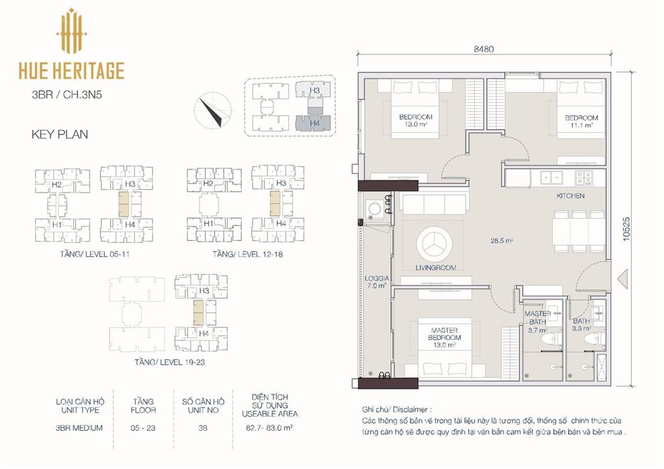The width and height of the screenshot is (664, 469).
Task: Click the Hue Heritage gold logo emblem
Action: tap(71, 30)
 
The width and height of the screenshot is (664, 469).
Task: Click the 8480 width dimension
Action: tap(484, 49)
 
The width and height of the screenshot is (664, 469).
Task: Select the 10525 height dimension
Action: tap(626, 229)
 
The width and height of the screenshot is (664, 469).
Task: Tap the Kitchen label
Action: tap(571, 196)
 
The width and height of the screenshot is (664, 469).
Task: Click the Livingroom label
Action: tap(436, 268)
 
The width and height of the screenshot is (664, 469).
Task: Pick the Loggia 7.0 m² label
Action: tap(377, 282)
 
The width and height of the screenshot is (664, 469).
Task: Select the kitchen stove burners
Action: tap(583, 178)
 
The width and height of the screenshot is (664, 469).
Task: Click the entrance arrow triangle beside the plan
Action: tap(622, 280)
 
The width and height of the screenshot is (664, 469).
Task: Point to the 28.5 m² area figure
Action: tap(501, 241)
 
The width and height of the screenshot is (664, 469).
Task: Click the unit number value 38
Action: tap(203, 428)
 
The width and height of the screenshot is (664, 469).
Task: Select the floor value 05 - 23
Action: tap(143, 428)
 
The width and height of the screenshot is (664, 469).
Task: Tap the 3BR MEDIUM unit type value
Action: tap(79, 428)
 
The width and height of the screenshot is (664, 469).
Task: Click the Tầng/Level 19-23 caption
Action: tap(170, 362)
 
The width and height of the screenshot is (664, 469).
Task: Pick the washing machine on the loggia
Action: tap(374, 209)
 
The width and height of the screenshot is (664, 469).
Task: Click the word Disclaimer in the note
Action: tap(410, 410)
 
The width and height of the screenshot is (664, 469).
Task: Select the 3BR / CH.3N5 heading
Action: tap(67, 95)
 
